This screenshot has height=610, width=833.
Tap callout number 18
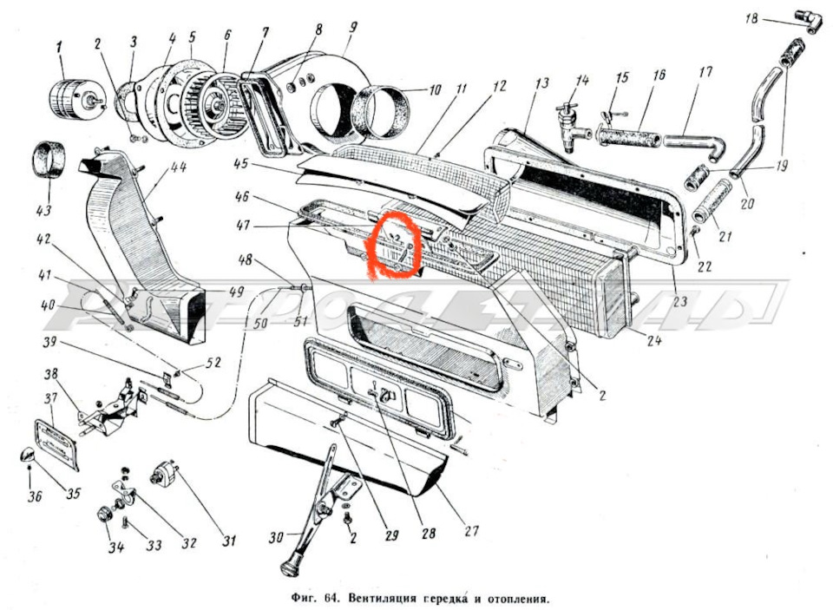[x=751, y=17]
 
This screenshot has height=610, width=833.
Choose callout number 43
[x=43, y=211]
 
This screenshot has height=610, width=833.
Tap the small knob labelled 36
[x=27, y=456]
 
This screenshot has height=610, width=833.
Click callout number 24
[x=655, y=341]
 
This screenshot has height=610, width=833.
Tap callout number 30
[x=275, y=539]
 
